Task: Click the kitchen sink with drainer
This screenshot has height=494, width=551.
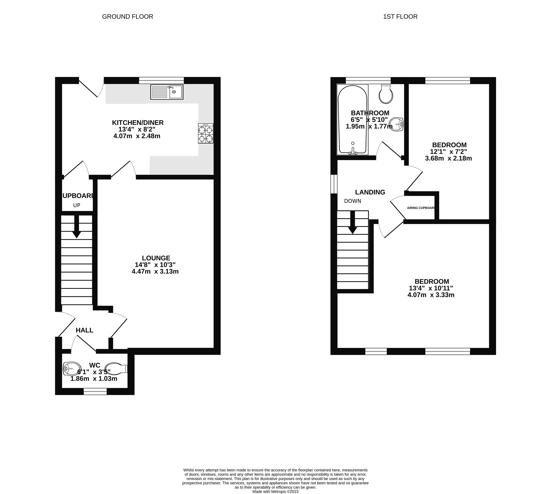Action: pos(167,92)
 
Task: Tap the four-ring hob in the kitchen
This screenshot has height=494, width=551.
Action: pos(206,133)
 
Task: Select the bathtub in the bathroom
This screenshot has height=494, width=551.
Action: pos(352,120)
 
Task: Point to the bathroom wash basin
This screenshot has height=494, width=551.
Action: pos(397,124)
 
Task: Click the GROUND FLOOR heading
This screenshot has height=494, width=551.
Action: pos(128,17)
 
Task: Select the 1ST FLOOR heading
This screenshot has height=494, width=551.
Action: pos(400,17)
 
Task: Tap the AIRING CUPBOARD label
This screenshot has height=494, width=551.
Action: pos(421,208)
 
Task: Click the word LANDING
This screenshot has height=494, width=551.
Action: pos(370,192)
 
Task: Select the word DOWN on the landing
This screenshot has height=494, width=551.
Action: pos(353,201)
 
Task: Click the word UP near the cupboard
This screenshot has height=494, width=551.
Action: pos(77,205)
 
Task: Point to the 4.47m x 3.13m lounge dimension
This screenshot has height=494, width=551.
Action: pos(155,271)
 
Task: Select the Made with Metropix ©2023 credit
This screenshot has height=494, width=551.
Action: pos(275,491)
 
